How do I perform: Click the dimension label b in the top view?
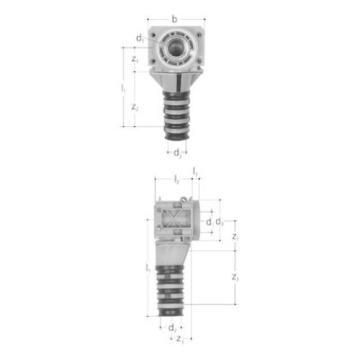point(174,20)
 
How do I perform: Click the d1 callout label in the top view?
point(140,38)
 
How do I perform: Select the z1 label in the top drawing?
point(134,58)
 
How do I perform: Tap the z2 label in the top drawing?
point(134,107)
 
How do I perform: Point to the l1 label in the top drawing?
point(123,88)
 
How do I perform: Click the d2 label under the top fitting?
point(177,152)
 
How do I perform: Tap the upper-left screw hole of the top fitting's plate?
point(152,31)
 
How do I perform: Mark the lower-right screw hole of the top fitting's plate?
point(200,62)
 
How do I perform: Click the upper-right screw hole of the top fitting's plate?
point(200,31)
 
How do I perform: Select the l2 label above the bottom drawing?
point(176,180)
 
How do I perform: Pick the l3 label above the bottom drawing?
point(195,170)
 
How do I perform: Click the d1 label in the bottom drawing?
point(209,222)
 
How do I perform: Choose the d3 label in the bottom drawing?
point(220,222)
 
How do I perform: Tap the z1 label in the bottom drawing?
point(236,237)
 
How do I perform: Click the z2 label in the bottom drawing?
point(236,277)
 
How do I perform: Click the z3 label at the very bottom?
point(180,340)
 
